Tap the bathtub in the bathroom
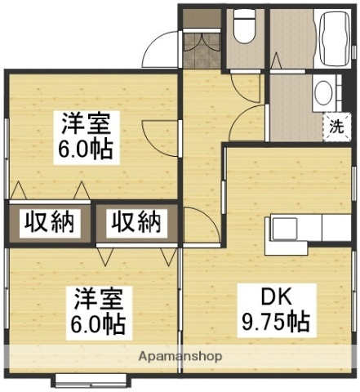(331, 37)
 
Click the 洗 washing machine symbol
(336, 127)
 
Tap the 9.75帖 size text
(275, 322)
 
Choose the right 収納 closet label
(136, 221)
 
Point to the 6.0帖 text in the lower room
(96, 324)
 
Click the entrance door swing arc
(161, 51)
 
